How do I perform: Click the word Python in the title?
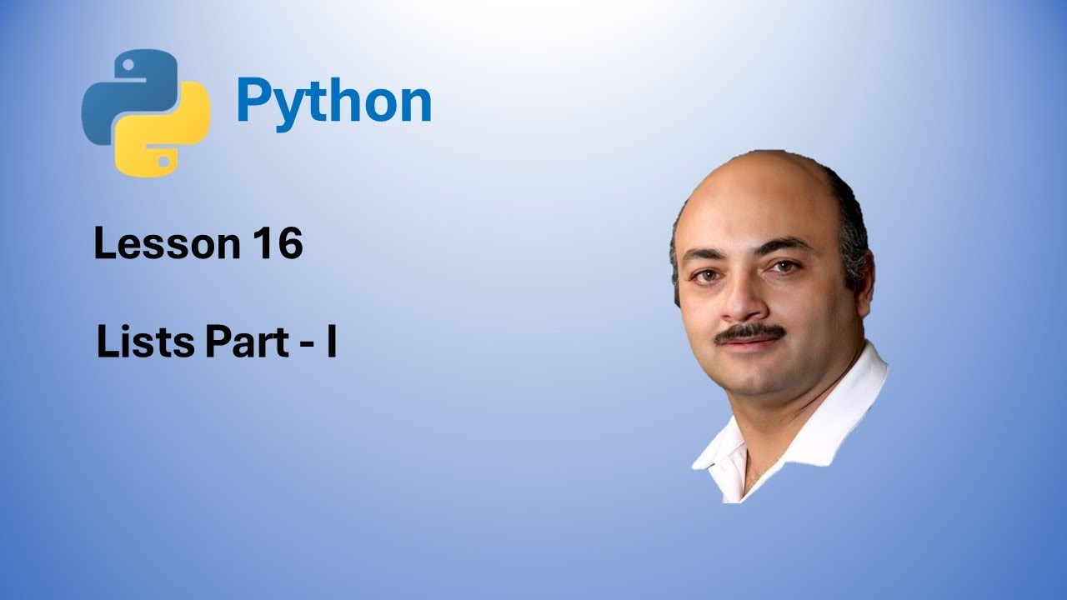pyautogui.click(x=333, y=102)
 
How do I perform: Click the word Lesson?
pyautogui.click(x=165, y=244)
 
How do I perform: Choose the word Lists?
pyautogui.click(x=143, y=343)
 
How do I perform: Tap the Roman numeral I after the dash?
pyautogui.click(x=331, y=343)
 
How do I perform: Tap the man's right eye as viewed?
pyautogui.click(x=784, y=267)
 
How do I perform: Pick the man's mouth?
pyautogui.click(x=754, y=348)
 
